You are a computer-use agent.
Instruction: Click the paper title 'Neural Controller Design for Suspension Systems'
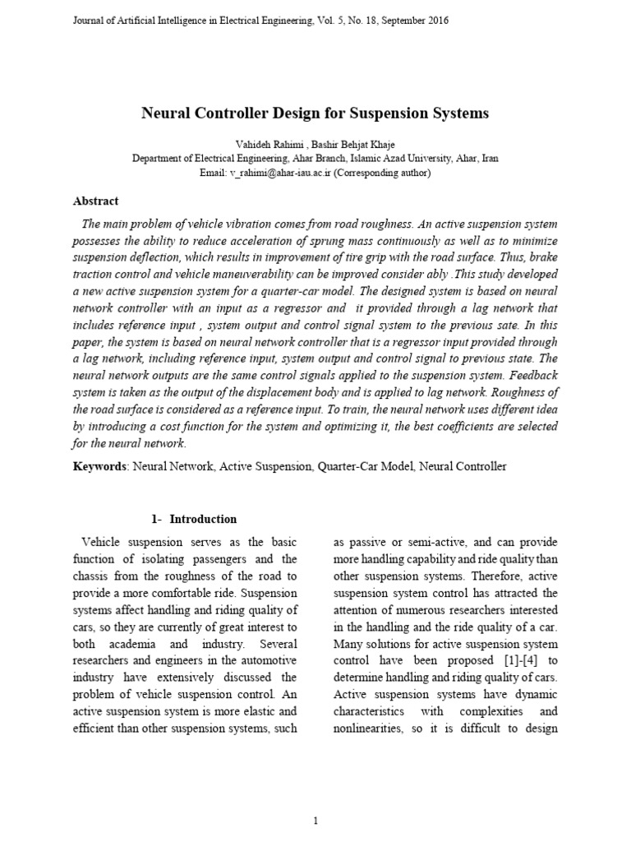click(x=315, y=113)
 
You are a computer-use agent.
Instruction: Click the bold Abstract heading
click(x=96, y=201)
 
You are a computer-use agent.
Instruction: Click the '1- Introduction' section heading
click(x=194, y=519)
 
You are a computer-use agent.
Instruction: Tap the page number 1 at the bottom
click(x=315, y=798)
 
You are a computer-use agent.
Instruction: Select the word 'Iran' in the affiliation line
click(x=488, y=159)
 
